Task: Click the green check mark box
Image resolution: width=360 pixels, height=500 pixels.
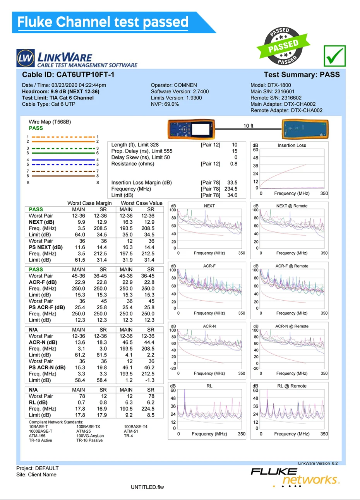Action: [x=335, y=56]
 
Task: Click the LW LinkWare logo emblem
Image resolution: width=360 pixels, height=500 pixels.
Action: [x=26, y=59]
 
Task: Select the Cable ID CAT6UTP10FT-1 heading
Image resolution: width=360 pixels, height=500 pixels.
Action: [x=68, y=75]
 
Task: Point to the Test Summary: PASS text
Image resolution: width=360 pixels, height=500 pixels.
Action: [x=302, y=75]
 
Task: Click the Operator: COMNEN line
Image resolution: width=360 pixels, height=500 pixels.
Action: [x=174, y=85]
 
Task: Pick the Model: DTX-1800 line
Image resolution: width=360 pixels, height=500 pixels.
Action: [x=271, y=85]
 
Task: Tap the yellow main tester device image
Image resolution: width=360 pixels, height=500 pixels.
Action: [x=192, y=129]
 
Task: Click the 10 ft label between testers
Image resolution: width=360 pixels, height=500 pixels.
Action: [x=248, y=126]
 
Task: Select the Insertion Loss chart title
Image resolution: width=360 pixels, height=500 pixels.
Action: [x=291, y=146]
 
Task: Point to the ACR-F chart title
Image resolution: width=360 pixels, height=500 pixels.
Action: [x=209, y=266]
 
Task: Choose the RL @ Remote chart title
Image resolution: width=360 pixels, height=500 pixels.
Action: [x=291, y=386]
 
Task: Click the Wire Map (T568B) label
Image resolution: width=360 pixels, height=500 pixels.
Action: [x=50, y=122]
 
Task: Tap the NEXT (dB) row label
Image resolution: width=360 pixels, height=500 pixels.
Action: [x=41, y=222]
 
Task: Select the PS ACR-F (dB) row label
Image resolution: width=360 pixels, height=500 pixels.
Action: [x=47, y=307]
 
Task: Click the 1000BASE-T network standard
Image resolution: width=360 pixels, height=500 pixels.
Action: [x=41, y=431]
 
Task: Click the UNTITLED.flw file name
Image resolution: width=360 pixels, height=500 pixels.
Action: [x=147, y=487]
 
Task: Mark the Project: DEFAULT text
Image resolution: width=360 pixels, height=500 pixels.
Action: [x=38, y=468]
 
